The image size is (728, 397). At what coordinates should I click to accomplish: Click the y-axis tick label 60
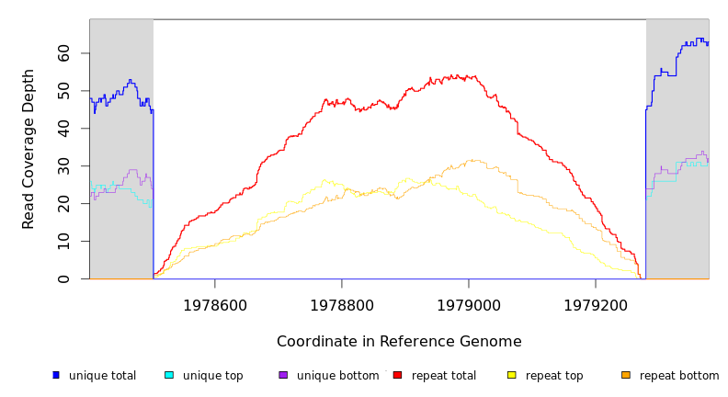point(63,53)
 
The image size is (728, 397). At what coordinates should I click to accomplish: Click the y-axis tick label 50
point(63,91)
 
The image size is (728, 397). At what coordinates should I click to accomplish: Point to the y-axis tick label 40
point(63,129)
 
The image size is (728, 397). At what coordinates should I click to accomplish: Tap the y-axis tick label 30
point(63,166)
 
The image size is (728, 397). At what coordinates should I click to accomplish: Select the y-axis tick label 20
point(63,204)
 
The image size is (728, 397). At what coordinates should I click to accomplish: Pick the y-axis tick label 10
point(63,241)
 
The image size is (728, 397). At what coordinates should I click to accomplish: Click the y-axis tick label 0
point(63,278)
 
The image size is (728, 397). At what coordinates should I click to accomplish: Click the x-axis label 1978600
point(215,305)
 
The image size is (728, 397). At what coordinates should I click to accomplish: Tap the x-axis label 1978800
point(342,305)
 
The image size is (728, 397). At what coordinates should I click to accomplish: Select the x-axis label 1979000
point(469,305)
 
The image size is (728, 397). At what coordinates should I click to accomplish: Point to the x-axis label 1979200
point(596,305)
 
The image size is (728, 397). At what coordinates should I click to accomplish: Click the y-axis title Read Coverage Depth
point(28,149)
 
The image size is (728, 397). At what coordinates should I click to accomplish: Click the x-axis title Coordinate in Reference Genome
point(399,342)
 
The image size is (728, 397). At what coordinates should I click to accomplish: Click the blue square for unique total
point(56,375)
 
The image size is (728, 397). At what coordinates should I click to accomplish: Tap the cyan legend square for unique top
point(169,375)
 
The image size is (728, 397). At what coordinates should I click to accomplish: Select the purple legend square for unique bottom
point(283,375)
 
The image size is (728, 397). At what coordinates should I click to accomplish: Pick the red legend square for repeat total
point(397,375)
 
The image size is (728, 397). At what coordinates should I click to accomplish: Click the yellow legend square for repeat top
point(511,375)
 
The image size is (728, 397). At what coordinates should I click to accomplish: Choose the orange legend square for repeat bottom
point(626,375)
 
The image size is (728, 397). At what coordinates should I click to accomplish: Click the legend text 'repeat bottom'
point(679,376)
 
